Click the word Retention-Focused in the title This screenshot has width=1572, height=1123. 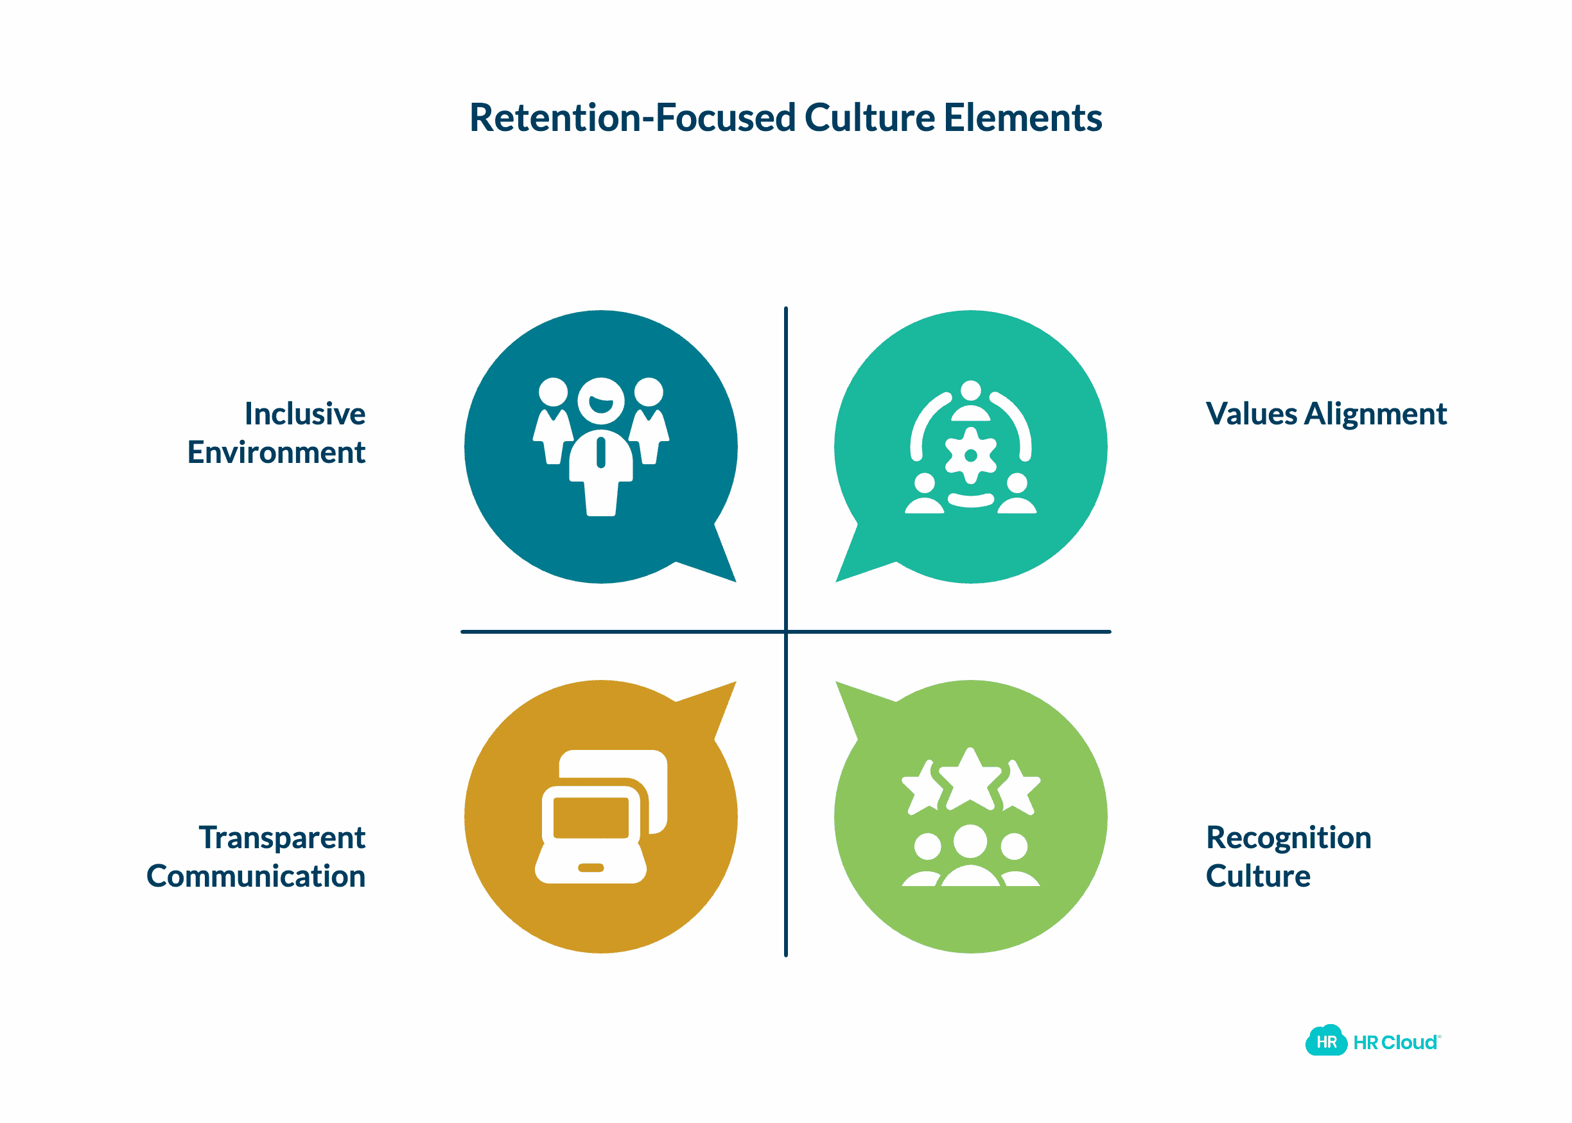pyautogui.click(x=631, y=118)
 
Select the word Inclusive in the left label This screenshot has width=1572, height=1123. pyautogui.click(x=305, y=414)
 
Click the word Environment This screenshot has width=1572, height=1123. pyautogui.click(x=277, y=453)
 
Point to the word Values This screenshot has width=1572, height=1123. pyautogui.click(x=1250, y=414)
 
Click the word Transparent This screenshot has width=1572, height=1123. pyautogui.click(x=282, y=837)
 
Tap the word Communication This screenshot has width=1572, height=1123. pyautogui.click(x=256, y=876)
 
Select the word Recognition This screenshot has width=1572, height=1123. pyautogui.click(x=1288, y=837)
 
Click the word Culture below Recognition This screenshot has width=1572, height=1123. pyautogui.click(x=1258, y=876)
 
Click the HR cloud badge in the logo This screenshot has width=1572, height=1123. pyautogui.click(x=1325, y=1041)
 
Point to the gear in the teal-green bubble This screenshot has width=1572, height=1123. pyautogui.click(x=970, y=455)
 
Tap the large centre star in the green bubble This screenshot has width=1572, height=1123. pyautogui.click(x=970, y=780)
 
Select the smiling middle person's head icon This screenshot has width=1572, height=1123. pyautogui.click(x=601, y=401)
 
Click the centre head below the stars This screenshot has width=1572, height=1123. pyautogui.click(x=970, y=841)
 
